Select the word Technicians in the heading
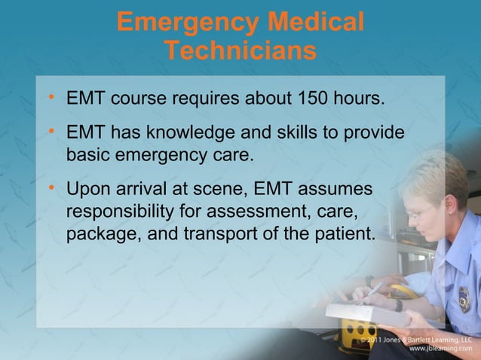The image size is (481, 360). point(240,51)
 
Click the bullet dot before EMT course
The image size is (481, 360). point(50,97)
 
